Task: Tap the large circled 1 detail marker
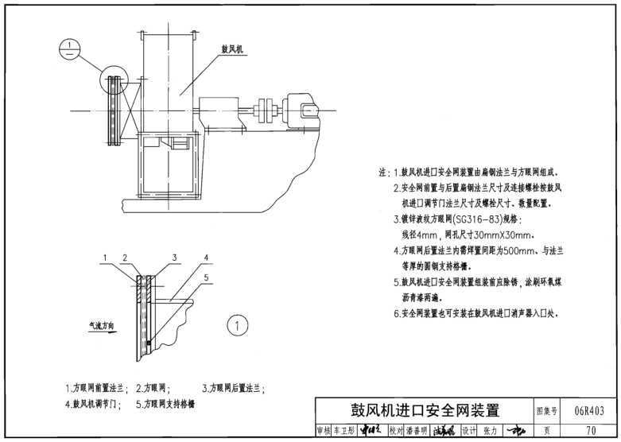[238, 324]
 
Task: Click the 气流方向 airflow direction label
[101, 325]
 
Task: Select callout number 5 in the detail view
[204, 277]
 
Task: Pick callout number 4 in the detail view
[204, 258]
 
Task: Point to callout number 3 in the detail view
[174, 258]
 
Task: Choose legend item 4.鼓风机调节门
[94, 403]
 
